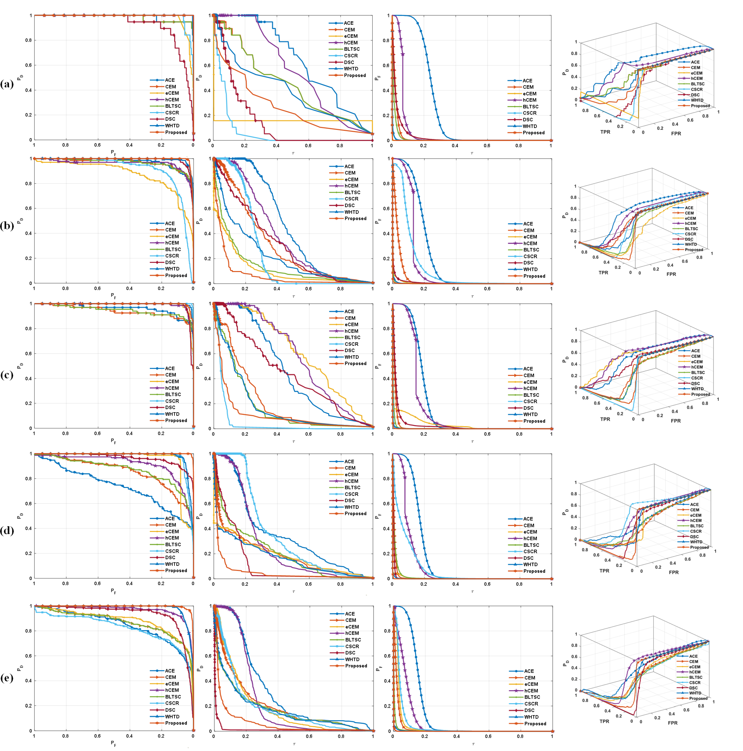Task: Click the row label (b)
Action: pos(7,225)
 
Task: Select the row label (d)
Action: pos(7,530)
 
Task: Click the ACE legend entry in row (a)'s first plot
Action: pos(170,80)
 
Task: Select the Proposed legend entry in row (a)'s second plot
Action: pos(354,75)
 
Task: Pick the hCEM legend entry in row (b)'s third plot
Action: pos(530,243)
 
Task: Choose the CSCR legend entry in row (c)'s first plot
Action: pos(172,401)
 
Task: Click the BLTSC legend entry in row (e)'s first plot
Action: pos(173,697)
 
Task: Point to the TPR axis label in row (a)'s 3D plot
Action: pos(605,132)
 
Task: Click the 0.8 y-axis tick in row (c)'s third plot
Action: pos(386,329)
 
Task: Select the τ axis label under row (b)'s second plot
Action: pos(293,297)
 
